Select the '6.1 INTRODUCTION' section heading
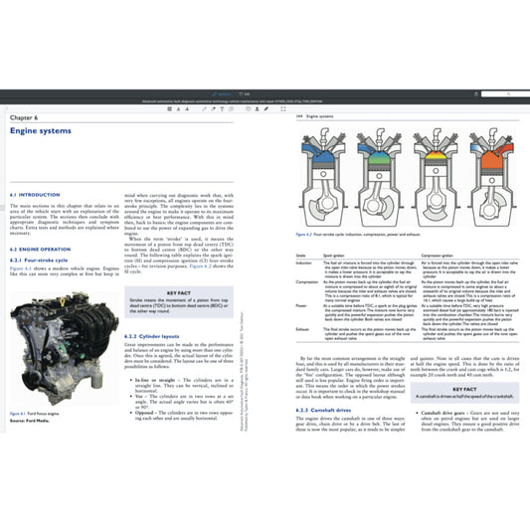click(x=35, y=194)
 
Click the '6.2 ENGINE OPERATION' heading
click(x=43, y=249)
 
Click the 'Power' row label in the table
click(x=302, y=304)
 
